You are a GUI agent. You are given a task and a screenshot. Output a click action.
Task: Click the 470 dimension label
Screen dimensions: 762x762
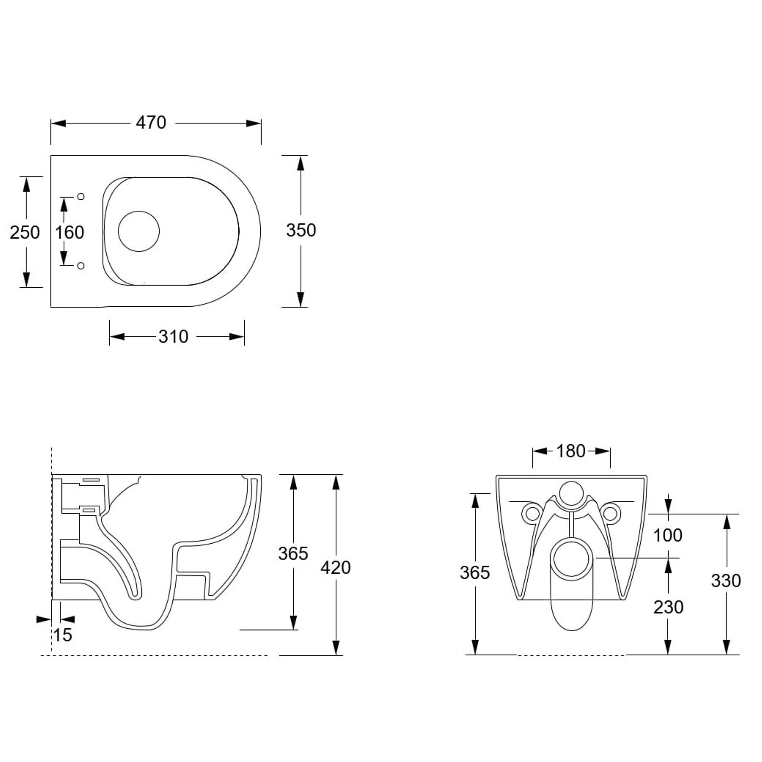click(x=151, y=123)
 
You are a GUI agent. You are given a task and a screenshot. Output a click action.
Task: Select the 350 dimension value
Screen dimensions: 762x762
click(x=301, y=231)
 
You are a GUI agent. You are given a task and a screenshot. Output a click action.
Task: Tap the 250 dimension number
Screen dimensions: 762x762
click(x=25, y=232)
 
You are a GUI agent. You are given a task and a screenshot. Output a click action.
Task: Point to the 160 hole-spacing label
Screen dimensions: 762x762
click(x=69, y=232)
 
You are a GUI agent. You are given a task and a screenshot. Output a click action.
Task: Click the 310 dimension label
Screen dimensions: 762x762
click(x=173, y=336)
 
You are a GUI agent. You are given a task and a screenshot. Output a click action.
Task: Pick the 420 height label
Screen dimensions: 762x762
click(x=336, y=568)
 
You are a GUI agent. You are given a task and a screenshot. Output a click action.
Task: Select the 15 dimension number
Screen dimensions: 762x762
click(x=63, y=635)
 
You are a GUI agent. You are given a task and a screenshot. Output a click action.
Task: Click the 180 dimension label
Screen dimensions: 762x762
click(x=571, y=451)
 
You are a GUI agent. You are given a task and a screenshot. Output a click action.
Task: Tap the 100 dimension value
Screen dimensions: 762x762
click(x=668, y=535)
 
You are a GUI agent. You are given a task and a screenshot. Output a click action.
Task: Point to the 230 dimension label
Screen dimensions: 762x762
click(x=668, y=607)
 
